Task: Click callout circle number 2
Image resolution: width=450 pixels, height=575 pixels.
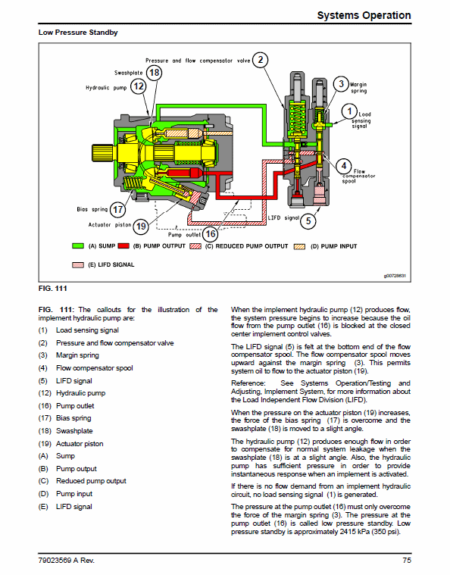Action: tap(260, 60)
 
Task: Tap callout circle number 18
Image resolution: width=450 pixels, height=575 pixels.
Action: tap(154, 73)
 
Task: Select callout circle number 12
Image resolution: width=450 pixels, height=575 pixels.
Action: tap(139, 86)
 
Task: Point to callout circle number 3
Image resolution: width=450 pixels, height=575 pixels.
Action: tap(341, 84)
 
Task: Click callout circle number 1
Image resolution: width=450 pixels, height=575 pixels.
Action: tap(349, 111)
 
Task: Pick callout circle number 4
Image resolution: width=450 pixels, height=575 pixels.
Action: tap(344, 166)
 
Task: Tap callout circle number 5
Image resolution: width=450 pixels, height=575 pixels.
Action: tap(308, 220)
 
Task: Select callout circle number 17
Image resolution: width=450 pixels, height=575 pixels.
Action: tap(117, 210)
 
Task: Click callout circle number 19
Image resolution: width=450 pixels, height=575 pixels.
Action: tap(141, 227)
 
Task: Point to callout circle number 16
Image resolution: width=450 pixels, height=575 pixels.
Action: tap(210, 233)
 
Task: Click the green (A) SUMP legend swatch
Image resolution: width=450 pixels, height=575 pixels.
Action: tap(78, 246)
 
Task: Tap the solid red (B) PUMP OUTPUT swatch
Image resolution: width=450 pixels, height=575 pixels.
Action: tap(123, 246)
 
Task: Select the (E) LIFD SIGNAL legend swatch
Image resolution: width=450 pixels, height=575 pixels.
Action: tap(78, 264)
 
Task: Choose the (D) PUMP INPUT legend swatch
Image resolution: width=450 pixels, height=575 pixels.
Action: tap(300, 246)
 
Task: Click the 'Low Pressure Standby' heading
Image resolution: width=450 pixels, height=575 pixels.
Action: tap(78, 33)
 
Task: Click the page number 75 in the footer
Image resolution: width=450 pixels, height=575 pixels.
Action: tap(407, 561)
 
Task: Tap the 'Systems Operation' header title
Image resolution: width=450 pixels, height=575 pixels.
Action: tap(364, 15)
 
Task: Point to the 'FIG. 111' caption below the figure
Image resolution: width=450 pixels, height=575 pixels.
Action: tap(53, 288)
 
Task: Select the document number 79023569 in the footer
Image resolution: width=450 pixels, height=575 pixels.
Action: tap(55, 561)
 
